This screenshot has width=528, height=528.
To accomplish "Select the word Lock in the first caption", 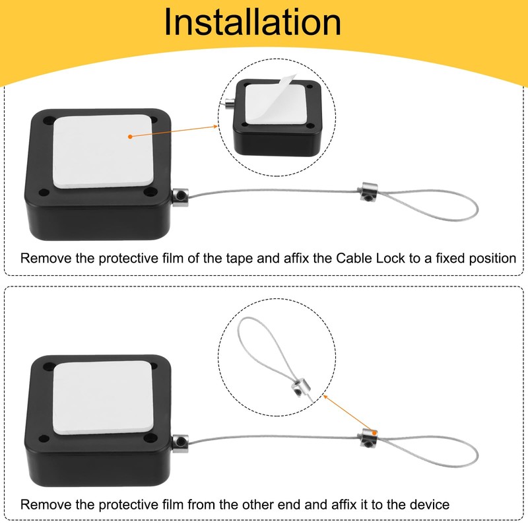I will pyautogui.click(x=368, y=258).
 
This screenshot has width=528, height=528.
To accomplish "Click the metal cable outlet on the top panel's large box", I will pyautogui.click(x=179, y=195).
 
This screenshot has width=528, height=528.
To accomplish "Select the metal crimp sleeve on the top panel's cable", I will pyautogui.click(x=364, y=191).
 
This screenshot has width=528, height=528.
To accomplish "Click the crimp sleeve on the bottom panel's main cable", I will pyautogui.click(x=368, y=436).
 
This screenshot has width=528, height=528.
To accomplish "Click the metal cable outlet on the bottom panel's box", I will pyautogui.click(x=180, y=440).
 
